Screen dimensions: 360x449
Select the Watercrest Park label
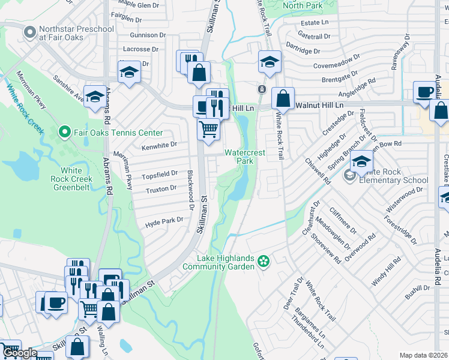pos(244,157)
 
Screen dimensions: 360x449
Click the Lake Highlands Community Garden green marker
pos(262,262)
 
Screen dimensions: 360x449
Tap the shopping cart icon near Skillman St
pos(208,128)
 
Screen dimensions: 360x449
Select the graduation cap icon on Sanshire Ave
pos(94,96)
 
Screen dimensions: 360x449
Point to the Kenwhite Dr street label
pos(159,145)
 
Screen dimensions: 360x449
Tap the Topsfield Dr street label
pos(160,175)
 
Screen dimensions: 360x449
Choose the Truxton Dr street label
pos(161,188)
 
